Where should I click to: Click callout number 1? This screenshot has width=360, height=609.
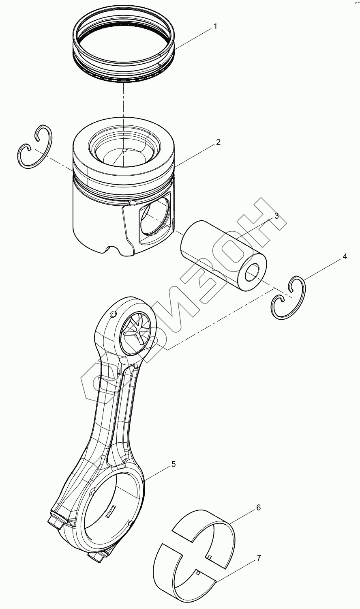coord(215,26)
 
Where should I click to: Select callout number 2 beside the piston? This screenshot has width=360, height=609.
coord(218,142)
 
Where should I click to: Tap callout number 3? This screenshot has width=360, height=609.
coord(276,216)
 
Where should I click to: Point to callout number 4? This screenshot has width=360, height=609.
coord(345,256)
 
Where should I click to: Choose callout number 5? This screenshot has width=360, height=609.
coord(174,464)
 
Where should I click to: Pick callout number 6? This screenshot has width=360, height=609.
coord(258,508)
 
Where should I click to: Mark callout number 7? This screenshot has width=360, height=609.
coord(258,558)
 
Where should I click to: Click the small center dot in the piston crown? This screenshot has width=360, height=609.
coord(124,151)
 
